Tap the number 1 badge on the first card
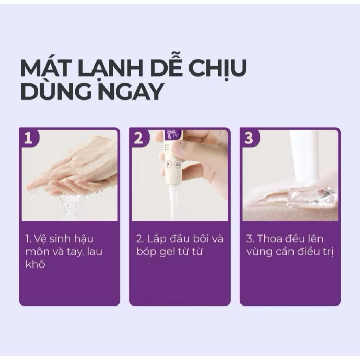[29, 138]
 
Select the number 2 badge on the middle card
[139, 138]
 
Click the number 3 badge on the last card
[249, 138]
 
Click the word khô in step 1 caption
[35, 264]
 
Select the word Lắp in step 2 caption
[157, 239]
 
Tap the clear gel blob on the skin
[324, 198]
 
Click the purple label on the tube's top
[173, 135]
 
